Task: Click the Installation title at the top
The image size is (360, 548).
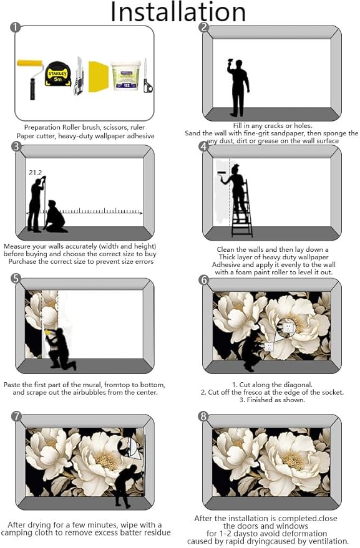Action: [178, 12]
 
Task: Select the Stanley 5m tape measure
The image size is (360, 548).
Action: [58, 74]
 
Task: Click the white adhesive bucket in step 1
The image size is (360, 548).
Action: [125, 76]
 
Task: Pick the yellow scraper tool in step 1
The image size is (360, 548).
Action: [99, 77]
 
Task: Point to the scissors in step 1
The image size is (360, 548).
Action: [147, 76]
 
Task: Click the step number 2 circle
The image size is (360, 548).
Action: [203, 27]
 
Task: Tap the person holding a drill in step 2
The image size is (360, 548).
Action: [238, 87]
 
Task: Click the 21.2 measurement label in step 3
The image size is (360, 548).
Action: [36, 173]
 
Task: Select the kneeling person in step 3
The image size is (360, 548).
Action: [56, 217]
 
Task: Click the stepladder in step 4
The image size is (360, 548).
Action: [242, 209]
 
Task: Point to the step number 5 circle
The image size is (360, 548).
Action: [16, 279]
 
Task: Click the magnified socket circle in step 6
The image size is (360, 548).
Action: [287, 327]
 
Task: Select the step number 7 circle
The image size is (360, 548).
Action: [16, 416]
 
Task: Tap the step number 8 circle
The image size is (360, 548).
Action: [203, 416]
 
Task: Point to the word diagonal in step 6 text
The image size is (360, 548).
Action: [298, 385]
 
